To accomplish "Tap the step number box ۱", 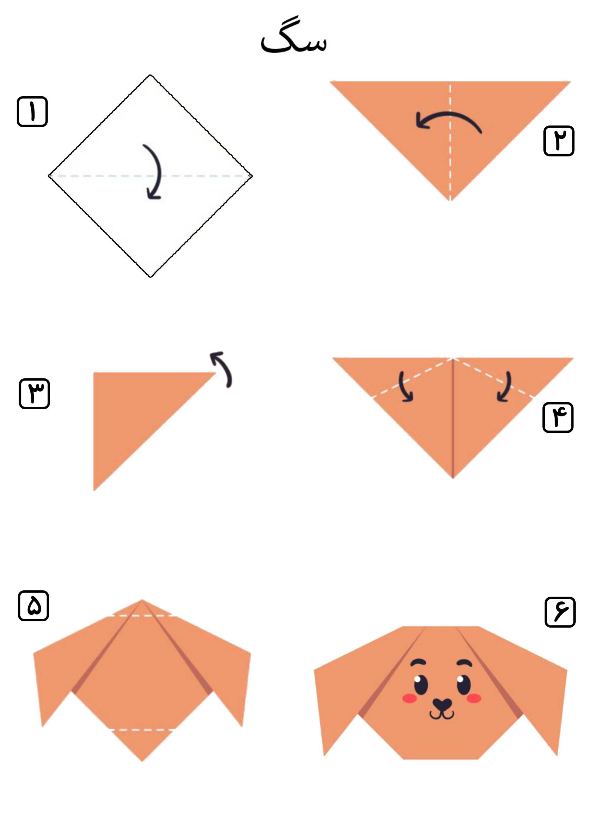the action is pos(32,111).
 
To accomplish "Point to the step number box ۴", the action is pos(558,417).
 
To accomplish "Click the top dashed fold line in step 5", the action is pos(142,616).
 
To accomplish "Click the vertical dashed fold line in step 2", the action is pos(450,142).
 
